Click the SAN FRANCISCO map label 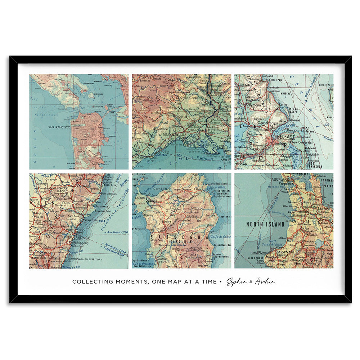(59, 127)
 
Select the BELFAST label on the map (286, 137)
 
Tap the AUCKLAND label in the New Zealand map (281, 179)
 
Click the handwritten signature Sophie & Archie (250, 282)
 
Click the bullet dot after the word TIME (220, 282)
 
